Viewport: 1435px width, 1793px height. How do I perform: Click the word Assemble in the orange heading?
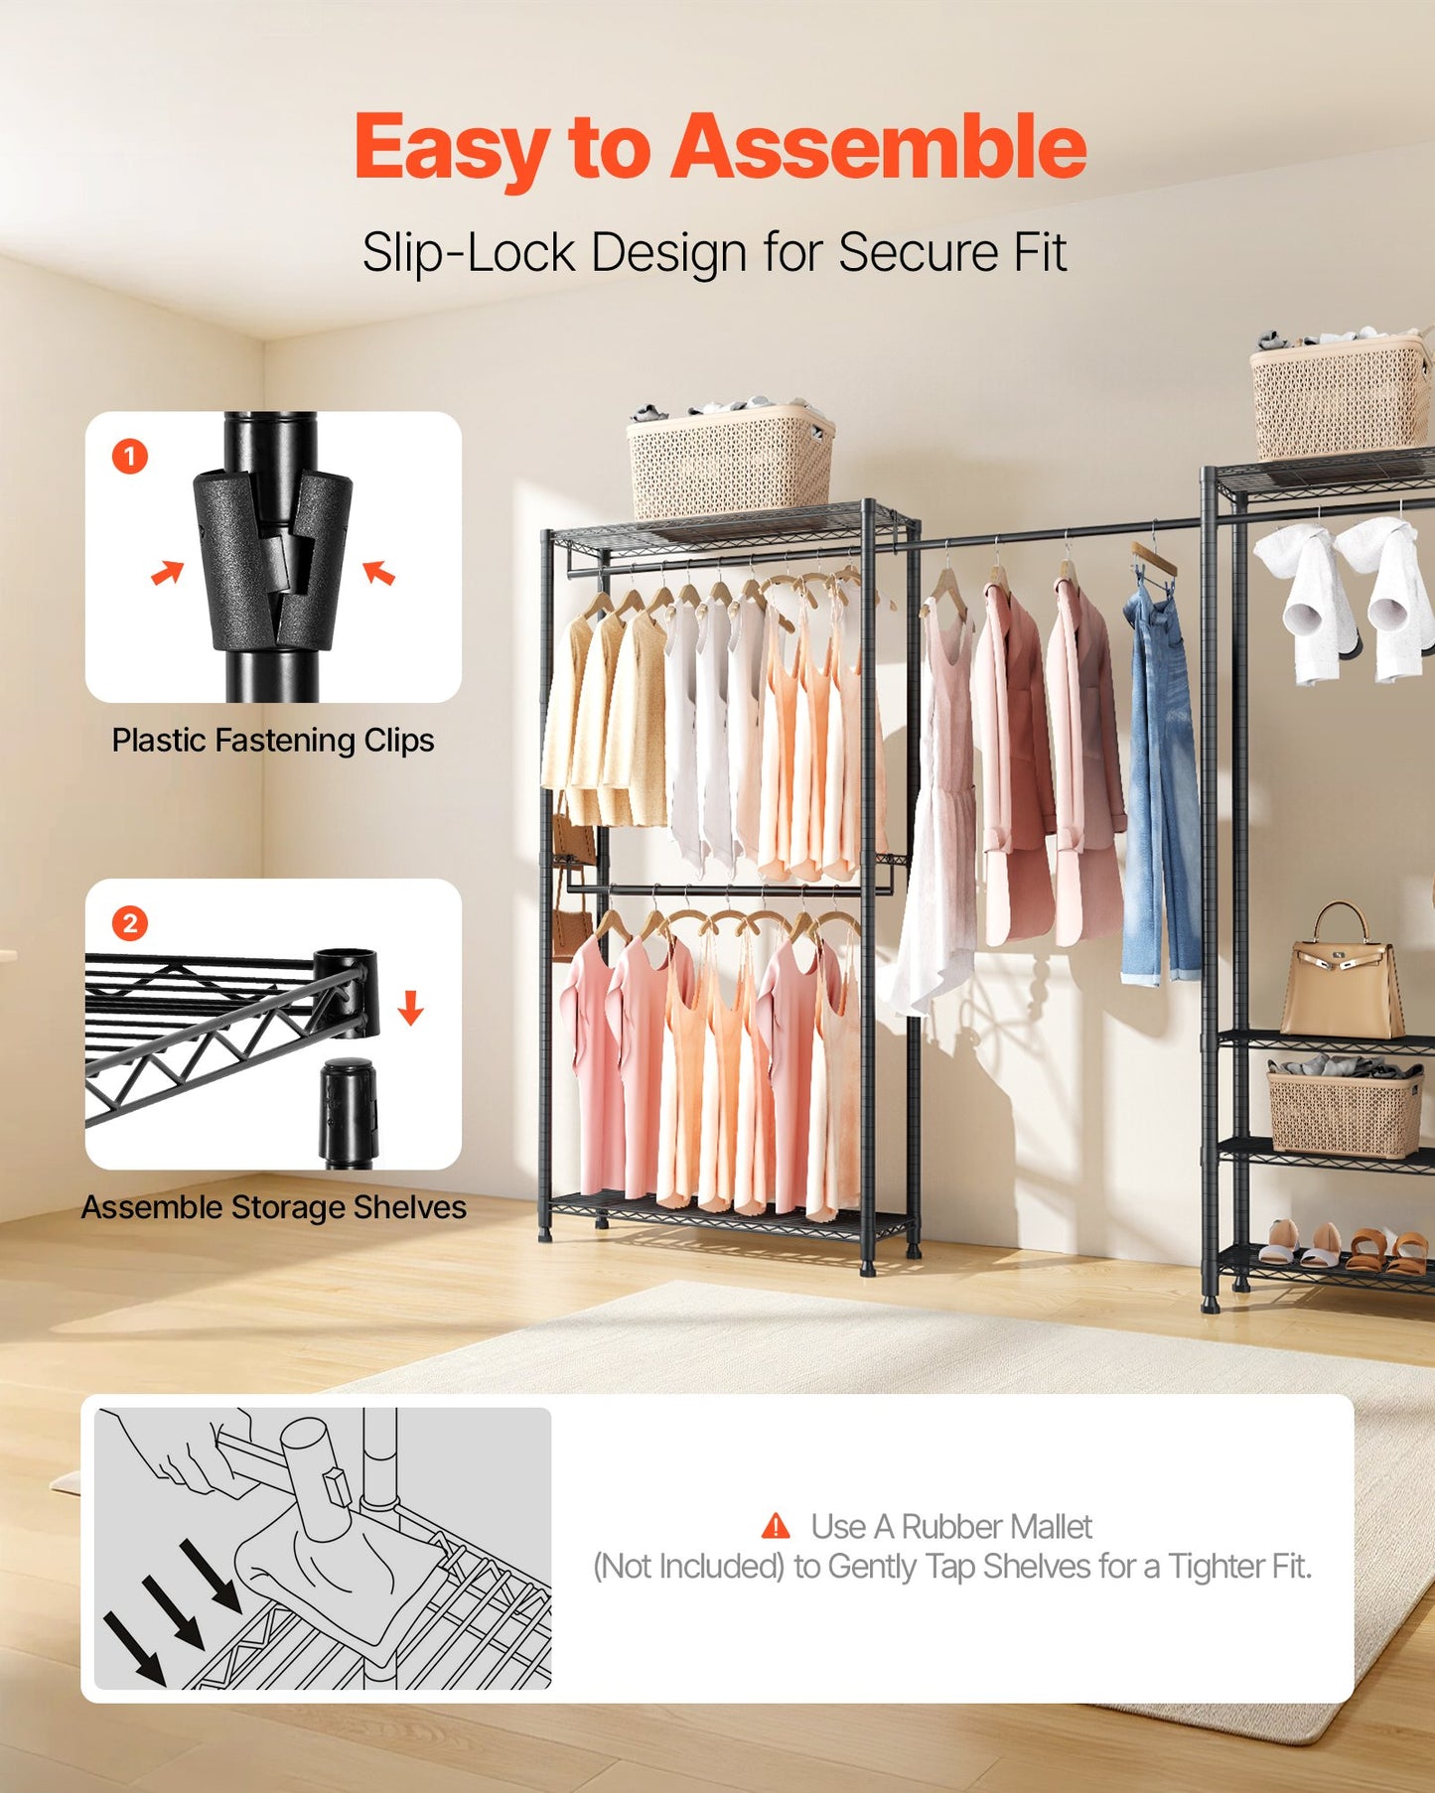(878, 147)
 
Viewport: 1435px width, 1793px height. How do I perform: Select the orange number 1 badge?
(130, 457)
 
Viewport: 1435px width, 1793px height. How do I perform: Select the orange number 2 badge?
(130, 923)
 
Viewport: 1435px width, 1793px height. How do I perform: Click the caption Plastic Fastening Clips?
(272, 741)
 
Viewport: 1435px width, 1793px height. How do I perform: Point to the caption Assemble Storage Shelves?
(273, 1207)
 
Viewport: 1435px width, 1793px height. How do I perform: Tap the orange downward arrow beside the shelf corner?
(410, 1008)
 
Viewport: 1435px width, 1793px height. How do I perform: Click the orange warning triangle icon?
(776, 1526)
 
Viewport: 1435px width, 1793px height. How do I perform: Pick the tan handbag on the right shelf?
(1342, 978)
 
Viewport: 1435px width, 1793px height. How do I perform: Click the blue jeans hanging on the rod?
(1159, 784)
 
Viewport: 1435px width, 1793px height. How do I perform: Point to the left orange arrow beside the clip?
(168, 573)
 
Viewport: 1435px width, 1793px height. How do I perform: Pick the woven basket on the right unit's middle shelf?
(1345, 1112)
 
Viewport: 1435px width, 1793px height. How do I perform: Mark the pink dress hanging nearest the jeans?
(1087, 764)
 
